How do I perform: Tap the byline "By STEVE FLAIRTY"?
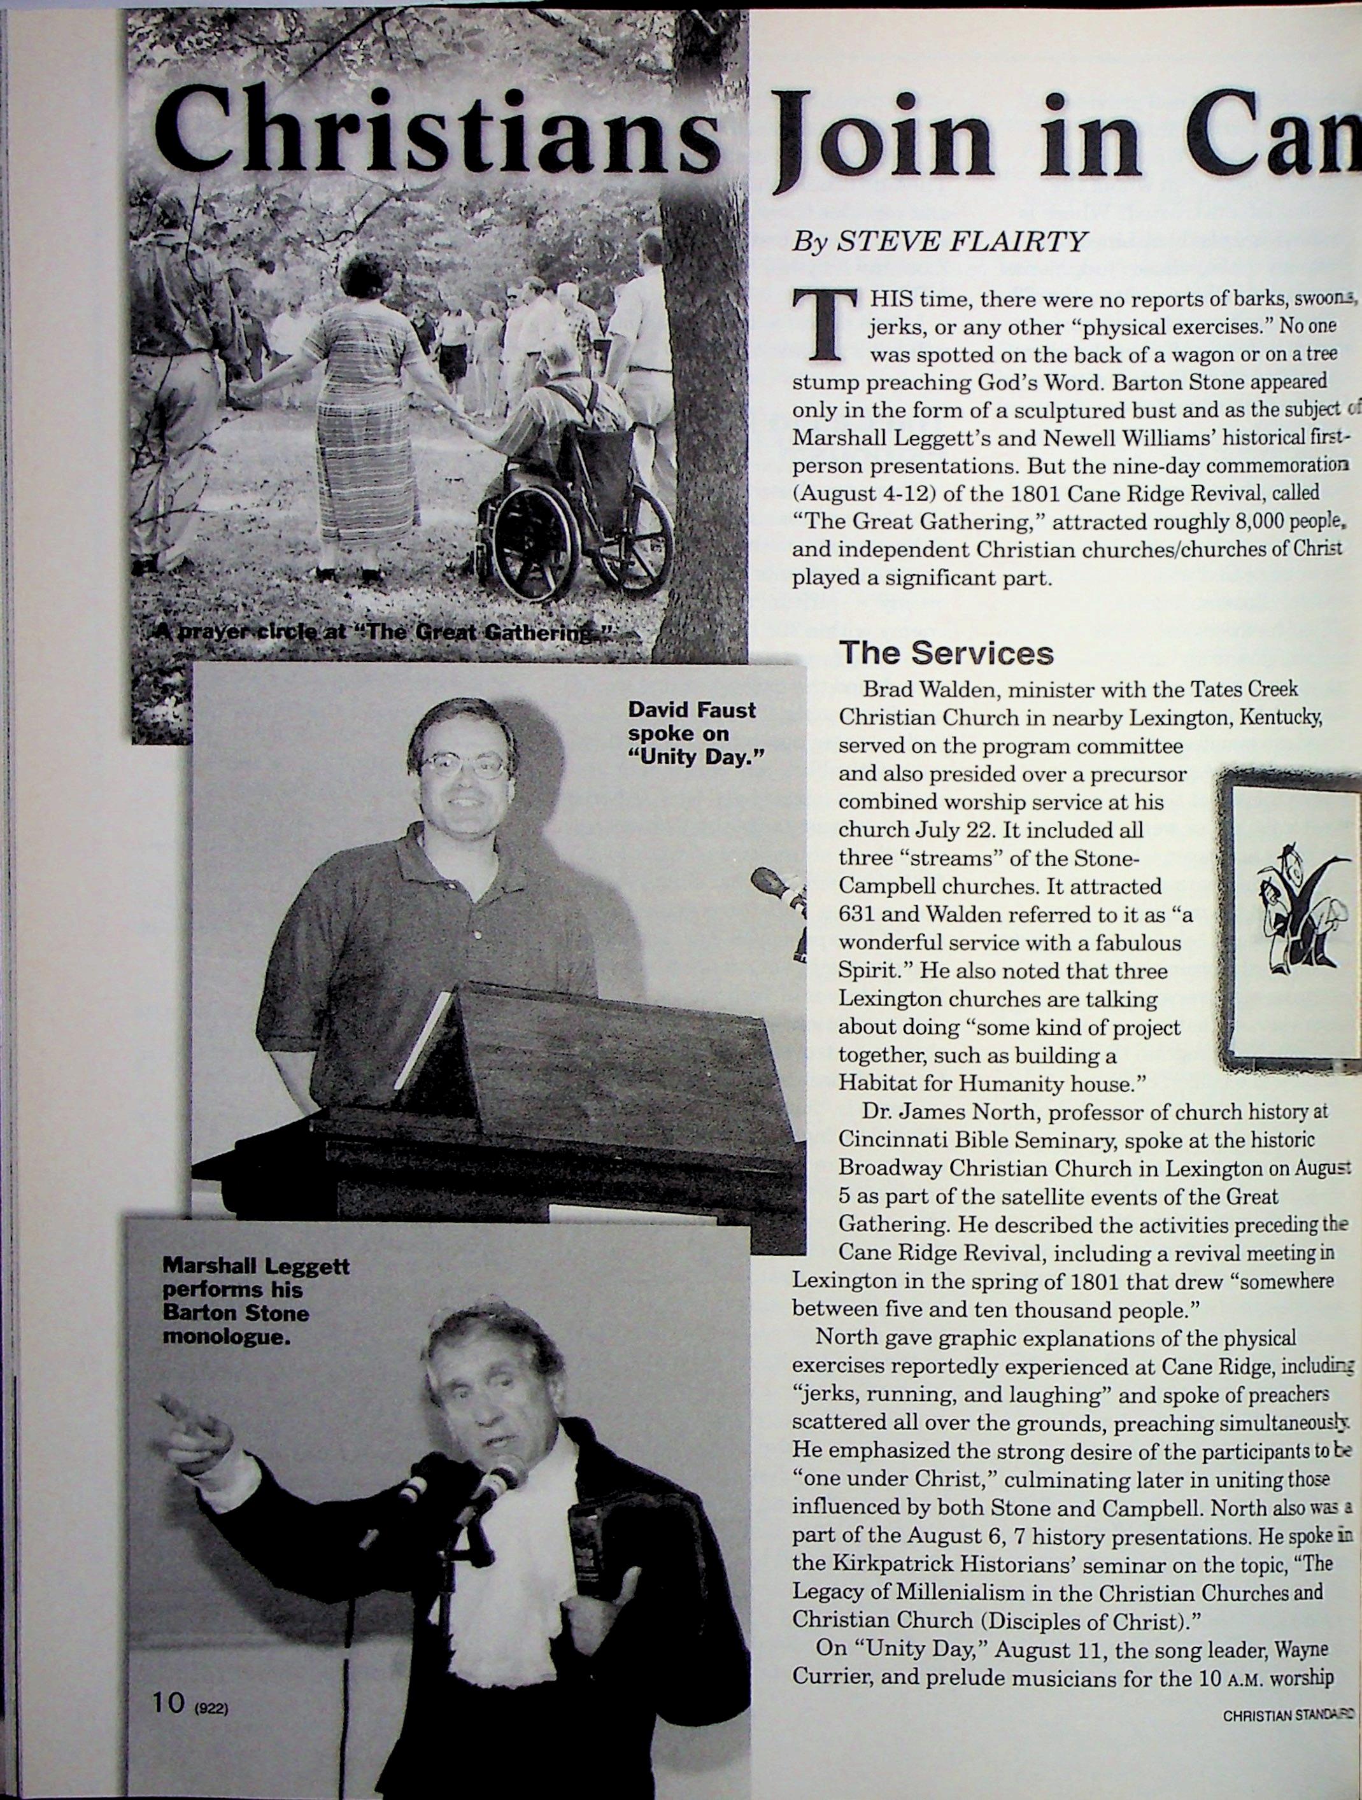(x=940, y=242)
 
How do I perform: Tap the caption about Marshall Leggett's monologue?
(x=255, y=1300)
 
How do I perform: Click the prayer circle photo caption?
(x=383, y=634)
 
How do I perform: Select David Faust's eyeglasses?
(x=463, y=765)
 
